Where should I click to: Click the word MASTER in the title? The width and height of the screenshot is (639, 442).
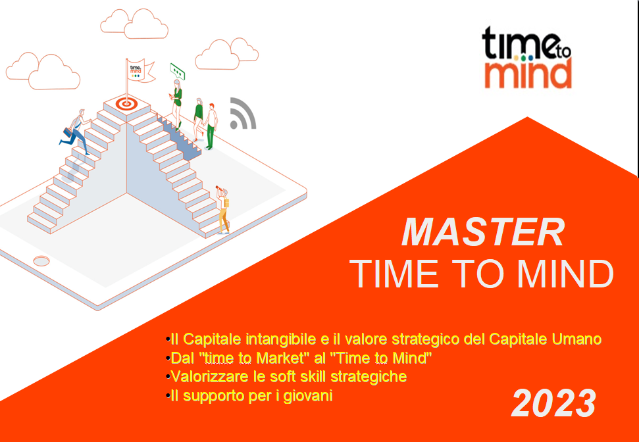tap(483, 233)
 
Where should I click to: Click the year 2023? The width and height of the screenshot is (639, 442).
tap(554, 403)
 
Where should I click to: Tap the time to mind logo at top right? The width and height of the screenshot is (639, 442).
tap(527, 57)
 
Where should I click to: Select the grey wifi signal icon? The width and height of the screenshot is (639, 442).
tap(243, 113)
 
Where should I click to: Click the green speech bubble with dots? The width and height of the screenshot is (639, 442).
tap(177, 71)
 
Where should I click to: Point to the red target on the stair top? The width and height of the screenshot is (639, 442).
tap(126, 103)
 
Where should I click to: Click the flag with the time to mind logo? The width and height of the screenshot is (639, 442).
tap(140, 70)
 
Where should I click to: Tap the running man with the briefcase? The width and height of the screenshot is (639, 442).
tap(76, 132)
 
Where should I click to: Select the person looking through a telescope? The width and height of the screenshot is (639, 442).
tap(223, 209)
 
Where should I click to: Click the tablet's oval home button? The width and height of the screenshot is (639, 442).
tap(41, 260)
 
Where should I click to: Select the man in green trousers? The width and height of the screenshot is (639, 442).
tap(211, 126)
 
